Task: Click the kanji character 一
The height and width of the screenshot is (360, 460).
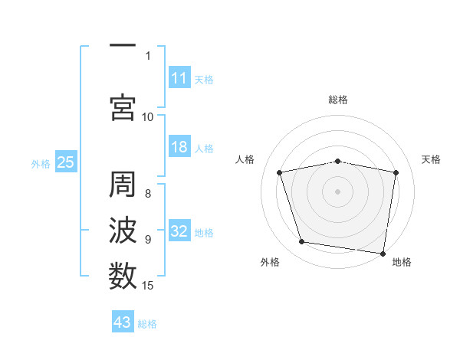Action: (x=122, y=47)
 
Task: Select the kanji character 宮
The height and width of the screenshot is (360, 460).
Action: (x=122, y=108)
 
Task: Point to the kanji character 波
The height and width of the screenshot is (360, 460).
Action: (x=122, y=230)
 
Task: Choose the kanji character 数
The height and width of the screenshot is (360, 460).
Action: (x=122, y=273)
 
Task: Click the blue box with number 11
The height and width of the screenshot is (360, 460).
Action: (x=179, y=78)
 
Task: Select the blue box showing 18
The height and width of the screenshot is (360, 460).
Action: (x=179, y=148)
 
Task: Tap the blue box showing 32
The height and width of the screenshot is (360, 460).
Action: (x=179, y=232)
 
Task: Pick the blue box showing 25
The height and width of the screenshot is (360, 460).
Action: (x=65, y=162)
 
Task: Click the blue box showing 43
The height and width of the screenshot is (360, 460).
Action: (x=122, y=322)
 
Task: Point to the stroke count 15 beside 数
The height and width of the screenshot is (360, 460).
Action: (x=148, y=286)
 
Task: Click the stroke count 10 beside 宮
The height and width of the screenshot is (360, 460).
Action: (x=148, y=116)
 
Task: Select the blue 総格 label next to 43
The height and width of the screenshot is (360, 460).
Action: (x=147, y=324)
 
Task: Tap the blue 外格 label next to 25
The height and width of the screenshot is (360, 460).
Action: (x=41, y=163)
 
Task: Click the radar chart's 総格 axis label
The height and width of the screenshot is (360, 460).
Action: (x=338, y=100)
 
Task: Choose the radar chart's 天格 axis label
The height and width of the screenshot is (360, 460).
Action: (x=432, y=159)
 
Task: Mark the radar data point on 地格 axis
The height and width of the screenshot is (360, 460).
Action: (x=383, y=253)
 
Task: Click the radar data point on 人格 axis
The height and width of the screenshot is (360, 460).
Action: (x=280, y=172)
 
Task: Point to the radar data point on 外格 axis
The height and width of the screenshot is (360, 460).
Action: (x=302, y=242)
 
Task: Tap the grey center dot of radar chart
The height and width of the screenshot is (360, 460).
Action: (x=338, y=191)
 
